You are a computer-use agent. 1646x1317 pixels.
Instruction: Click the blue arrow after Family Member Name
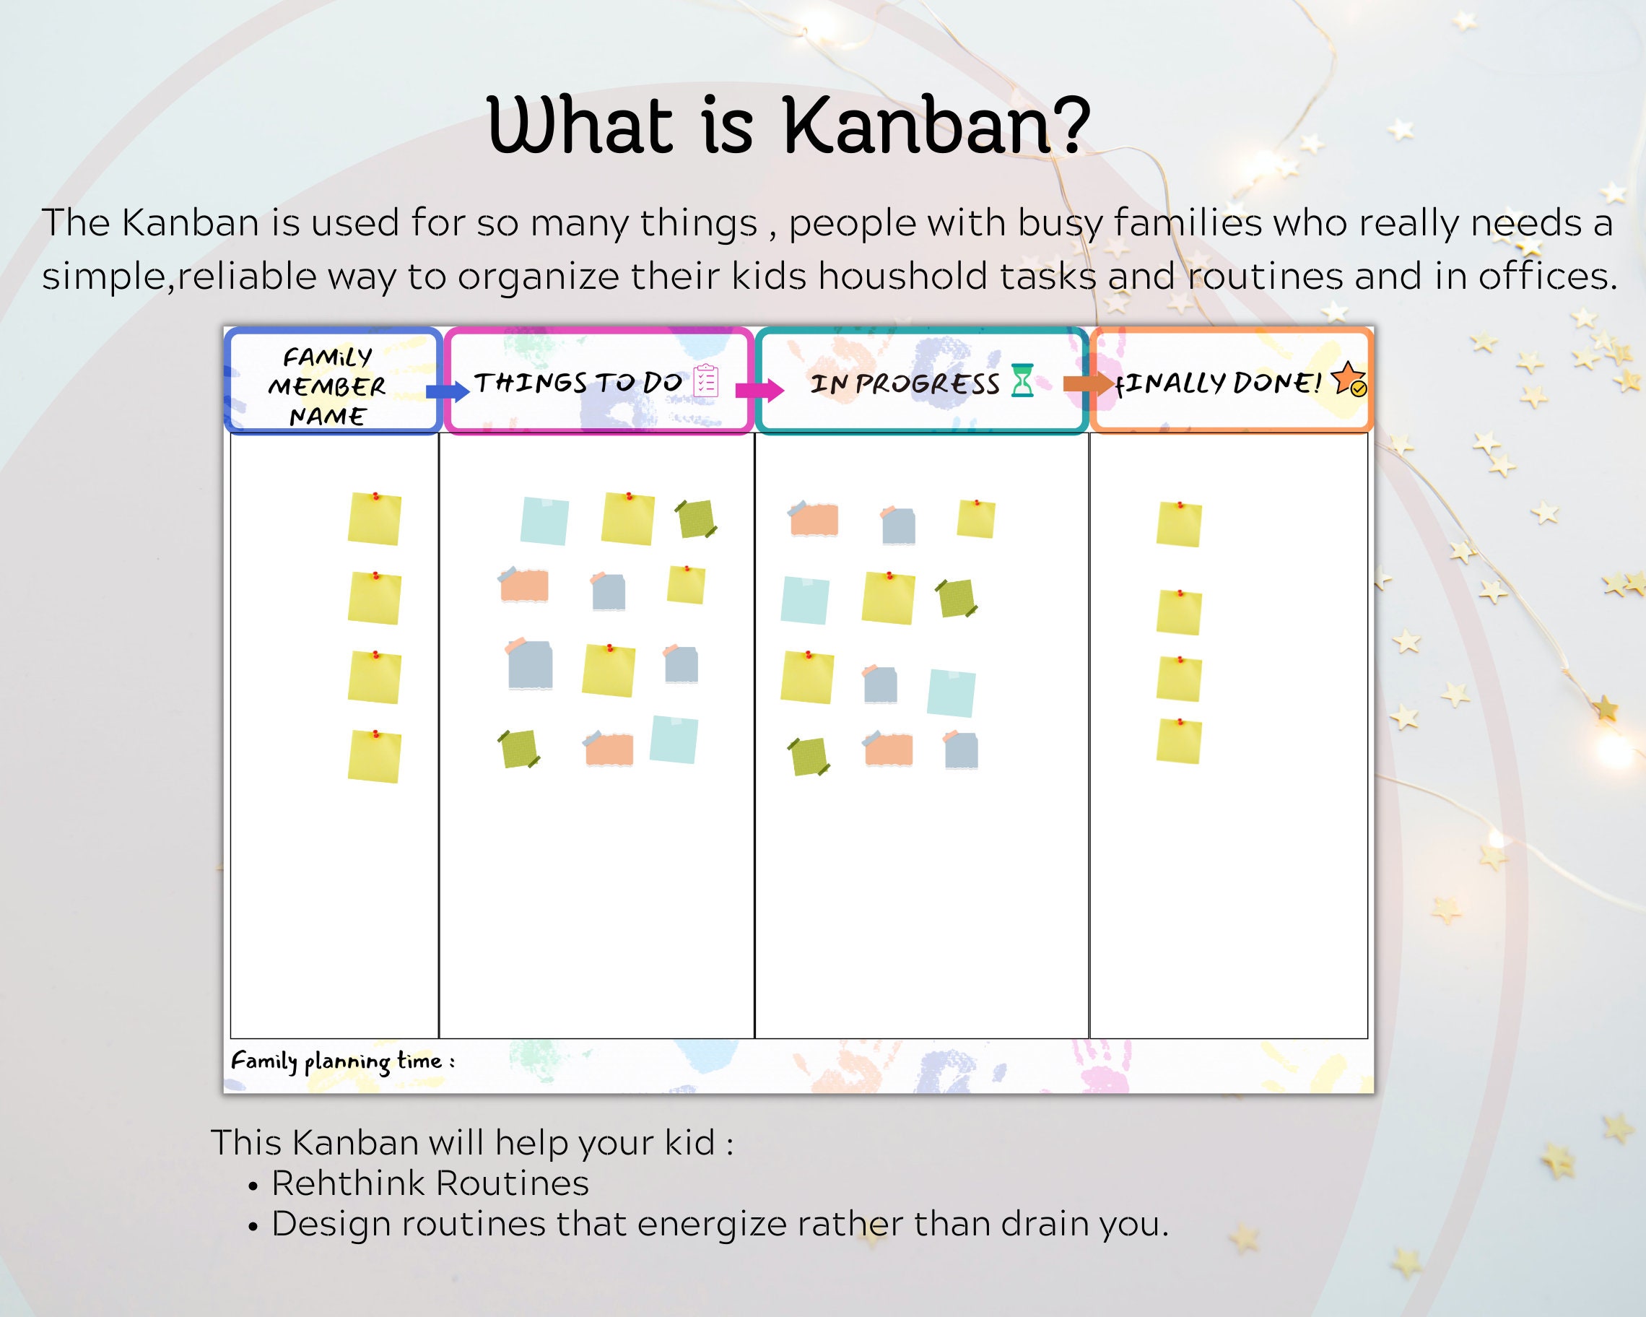pyautogui.click(x=447, y=391)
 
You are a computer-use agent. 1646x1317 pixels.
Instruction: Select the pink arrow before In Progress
pyautogui.click(x=759, y=390)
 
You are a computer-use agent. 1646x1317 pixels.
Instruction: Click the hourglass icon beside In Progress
pyautogui.click(x=1022, y=381)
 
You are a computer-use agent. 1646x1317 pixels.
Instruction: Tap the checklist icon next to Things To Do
pyautogui.click(x=705, y=381)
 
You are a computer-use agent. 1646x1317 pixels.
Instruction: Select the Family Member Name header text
pyautogui.click(x=327, y=386)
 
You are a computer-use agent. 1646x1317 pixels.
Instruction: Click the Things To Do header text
pyautogui.click(x=578, y=383)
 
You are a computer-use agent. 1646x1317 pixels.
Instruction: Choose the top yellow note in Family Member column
pyautogui.click(x=375, y=519)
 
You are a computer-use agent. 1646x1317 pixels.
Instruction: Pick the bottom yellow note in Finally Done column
pyautogui.click(x=1179, y=741)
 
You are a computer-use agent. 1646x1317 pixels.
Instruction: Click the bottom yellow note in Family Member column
pyautogui.click(x=375, y=757)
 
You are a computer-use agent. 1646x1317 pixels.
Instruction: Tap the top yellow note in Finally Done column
pyautogui.click(x=1179, y=524)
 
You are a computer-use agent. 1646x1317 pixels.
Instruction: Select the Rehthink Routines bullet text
pyautogui.click(x=430, y=1183)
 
